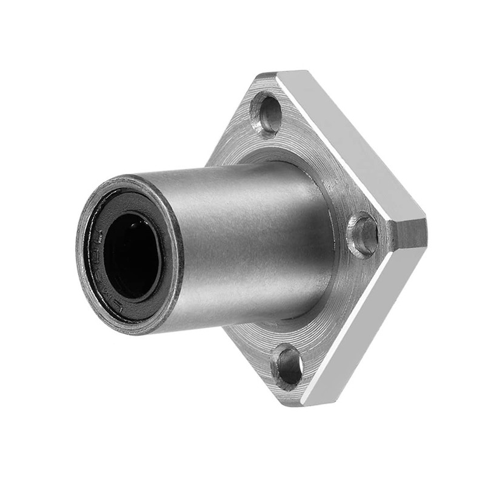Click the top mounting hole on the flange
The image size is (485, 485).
point(266,113)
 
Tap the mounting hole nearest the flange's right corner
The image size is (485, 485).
point(364,235)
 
